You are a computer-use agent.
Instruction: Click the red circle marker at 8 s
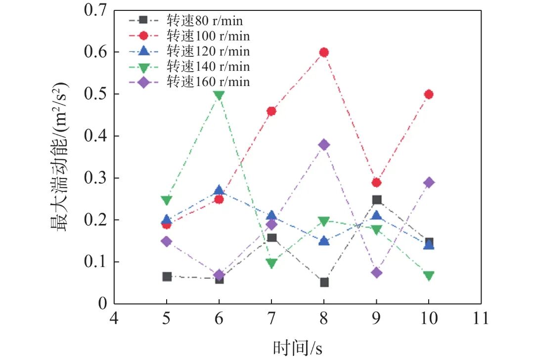coord(324,52)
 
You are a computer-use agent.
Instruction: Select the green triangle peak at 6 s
coord(219,95)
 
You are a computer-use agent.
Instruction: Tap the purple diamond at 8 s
coord(324,145)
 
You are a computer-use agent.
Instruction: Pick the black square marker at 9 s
coord(376,200)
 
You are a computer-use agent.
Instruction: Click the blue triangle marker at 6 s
coord(219,190)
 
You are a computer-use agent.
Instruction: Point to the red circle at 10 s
coord(429,94)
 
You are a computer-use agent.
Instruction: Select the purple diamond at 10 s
coord(429,182)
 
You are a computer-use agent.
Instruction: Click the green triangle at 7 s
coord(271,263)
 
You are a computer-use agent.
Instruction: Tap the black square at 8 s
coord(324,282)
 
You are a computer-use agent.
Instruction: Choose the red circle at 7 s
coord(271,111)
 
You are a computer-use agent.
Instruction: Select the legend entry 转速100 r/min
coord(208,36)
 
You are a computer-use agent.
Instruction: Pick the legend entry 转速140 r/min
coord(208,66)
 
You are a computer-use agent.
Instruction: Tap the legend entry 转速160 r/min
coord(208,82)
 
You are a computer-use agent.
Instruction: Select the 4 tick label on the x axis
coord(114,318)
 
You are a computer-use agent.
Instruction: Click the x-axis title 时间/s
coord(298,348)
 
